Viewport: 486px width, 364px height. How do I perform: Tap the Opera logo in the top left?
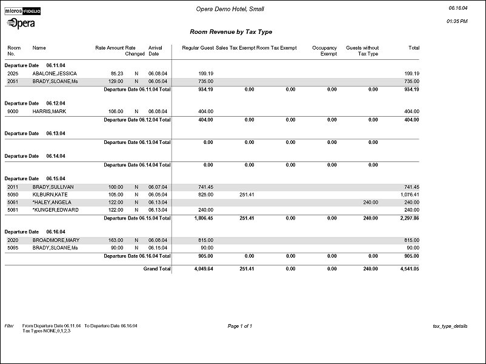pyautogui.click(x=21, y=23)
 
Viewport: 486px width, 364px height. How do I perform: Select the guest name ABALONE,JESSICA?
pyautogui.click(x=55, y=73)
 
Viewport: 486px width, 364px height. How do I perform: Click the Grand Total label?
pyautogui.click(x=156, y=268)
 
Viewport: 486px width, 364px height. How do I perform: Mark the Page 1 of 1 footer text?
pyautogui.click(x=239, y=326)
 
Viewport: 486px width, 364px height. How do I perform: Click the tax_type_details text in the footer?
pyautogui.click(x=450, y=326)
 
